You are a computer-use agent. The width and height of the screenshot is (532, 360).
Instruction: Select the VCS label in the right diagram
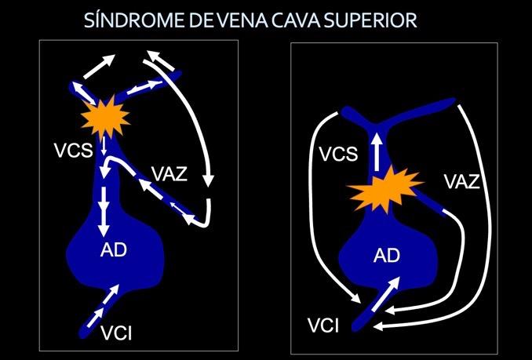pos(337,154)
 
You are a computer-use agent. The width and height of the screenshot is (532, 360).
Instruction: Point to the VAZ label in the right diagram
pos(462,182)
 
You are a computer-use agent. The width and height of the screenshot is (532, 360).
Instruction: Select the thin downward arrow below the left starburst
pos(104,144)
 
